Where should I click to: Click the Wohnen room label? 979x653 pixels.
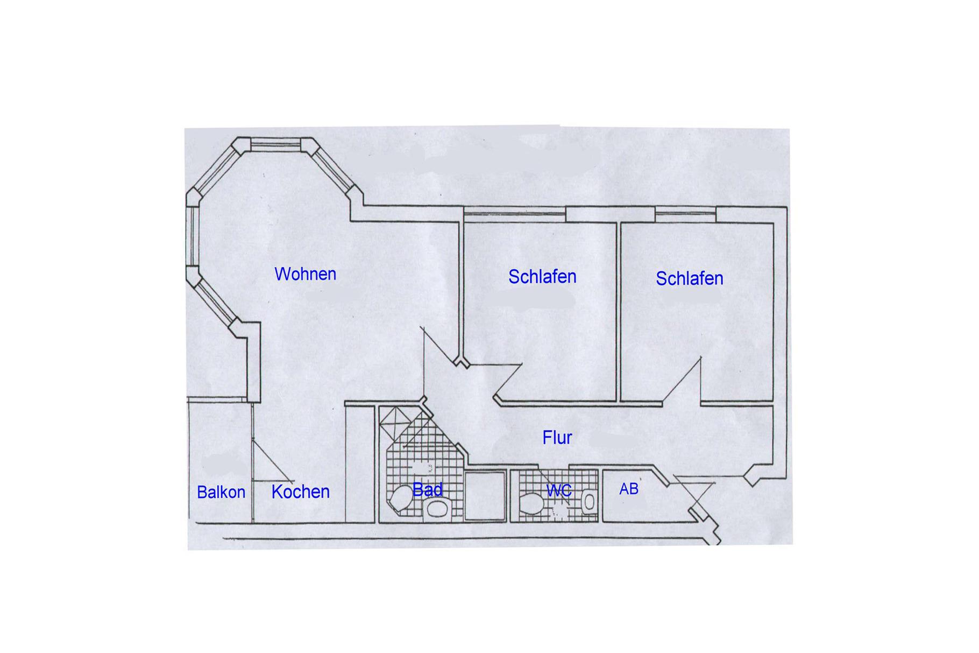click(x=305, y=274)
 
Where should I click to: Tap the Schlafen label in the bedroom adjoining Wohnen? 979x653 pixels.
click(x=542, y=277)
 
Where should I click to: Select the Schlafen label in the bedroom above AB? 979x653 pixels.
click(x=689, y=278)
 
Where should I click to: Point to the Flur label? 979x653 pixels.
click(x=557, y=438)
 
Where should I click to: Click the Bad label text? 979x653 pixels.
click(x=428, y=489)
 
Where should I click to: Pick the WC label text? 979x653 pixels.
click(x=559, y=490)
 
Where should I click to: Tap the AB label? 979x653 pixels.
click(x=629, y=489)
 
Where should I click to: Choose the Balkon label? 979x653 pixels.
click(x=221, y=492)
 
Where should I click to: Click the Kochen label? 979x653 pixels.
click(x=300, y=491)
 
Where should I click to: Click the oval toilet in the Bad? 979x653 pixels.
click(x=399, y=497)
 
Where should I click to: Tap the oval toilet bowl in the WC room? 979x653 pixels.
click(x=533, y=504)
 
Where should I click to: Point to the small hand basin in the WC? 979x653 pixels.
click(x=590, y=502)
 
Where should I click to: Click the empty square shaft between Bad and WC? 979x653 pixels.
click(x=485, y=496)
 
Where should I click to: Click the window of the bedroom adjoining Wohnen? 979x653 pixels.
click(x=515, y=214)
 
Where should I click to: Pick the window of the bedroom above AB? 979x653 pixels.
click(x=685, y=214)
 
